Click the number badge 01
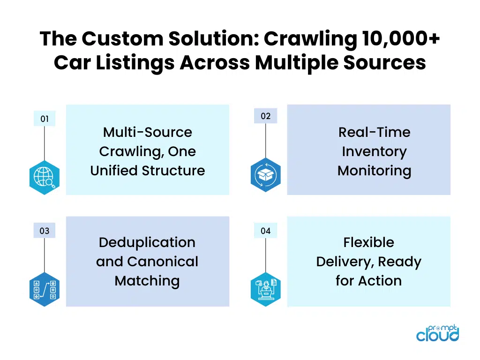click(x=45, y=119)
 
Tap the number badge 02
click(x=265, y=116)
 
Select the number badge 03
click(x=45, y=231)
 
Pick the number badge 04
click(x=265, y=231)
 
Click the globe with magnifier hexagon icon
click(x=45, y=178)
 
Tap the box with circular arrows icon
click(x=265, y=175)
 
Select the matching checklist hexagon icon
click(x=45, y=289)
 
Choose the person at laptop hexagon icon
click(x=265, y=289)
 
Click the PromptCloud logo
click(x=438, y=333)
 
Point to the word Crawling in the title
click(x=310, y=39)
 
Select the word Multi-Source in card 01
click(x=148, y=132)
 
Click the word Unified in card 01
click(x=113, y=171)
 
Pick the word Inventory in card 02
click(x=375, y=152)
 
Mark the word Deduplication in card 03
click(x=147, y=242)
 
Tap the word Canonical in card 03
click(x=163, y=262)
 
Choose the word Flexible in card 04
click(x=368, y=242)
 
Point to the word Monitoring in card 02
click(x=375, y=171)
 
